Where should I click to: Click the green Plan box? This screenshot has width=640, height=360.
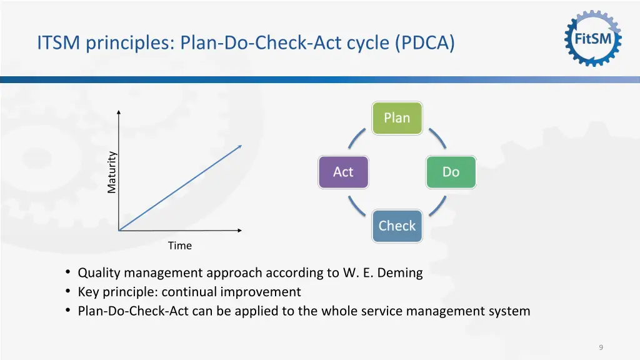click(397, 118)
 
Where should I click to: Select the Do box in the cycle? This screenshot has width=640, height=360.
click(451, 172)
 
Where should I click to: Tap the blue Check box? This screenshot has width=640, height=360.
click(397, 226)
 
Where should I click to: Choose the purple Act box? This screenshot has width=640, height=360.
click(343, 172)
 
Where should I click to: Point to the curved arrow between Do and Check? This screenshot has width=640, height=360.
click(437, 205)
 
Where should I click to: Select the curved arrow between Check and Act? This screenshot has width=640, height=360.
click(357, 205)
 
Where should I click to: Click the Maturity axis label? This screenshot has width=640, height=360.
click(111, 172)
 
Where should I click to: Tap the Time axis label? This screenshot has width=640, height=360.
click(179, 246)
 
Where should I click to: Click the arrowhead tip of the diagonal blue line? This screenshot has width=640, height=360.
click(241, 146)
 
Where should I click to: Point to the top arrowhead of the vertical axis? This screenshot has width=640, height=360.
click(119, 112)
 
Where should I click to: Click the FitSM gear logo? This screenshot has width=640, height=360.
click(593, 39)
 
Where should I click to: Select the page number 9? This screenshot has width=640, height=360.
click(601, 347)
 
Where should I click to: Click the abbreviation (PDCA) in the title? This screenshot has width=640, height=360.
click(425, 44)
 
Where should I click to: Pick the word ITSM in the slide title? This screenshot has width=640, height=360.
click(57, 44)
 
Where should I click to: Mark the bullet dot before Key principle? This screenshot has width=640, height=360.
click(67, 292)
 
